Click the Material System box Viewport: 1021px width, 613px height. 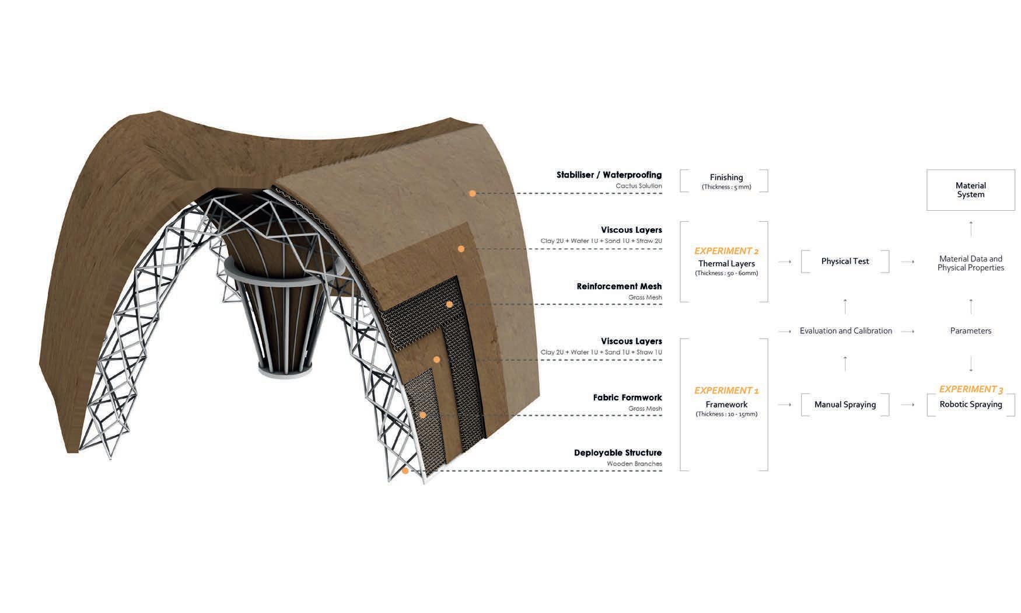970,190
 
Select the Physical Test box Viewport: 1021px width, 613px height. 845,261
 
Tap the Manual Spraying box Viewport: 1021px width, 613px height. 845,404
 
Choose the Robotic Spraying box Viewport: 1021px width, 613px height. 970,404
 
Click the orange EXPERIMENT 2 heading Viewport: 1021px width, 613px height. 726,251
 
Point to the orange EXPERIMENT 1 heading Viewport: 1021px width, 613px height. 726,391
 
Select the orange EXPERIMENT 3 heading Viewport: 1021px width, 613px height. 970,389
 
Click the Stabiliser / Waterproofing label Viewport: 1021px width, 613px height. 609,175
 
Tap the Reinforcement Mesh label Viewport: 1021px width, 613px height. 619,286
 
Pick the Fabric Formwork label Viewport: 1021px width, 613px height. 627,398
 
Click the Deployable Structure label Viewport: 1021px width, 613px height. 618,452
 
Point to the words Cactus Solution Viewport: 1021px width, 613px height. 638,186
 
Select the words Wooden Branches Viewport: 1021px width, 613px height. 634,464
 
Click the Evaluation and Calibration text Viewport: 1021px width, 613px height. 845,330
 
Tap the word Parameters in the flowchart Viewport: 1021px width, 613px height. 970,330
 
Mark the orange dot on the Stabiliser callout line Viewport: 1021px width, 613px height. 472,193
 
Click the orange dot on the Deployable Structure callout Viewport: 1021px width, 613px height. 405,471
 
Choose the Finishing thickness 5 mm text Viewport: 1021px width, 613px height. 726,187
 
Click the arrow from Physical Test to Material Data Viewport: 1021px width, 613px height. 907,262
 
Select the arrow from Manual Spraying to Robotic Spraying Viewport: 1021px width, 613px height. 907,404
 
